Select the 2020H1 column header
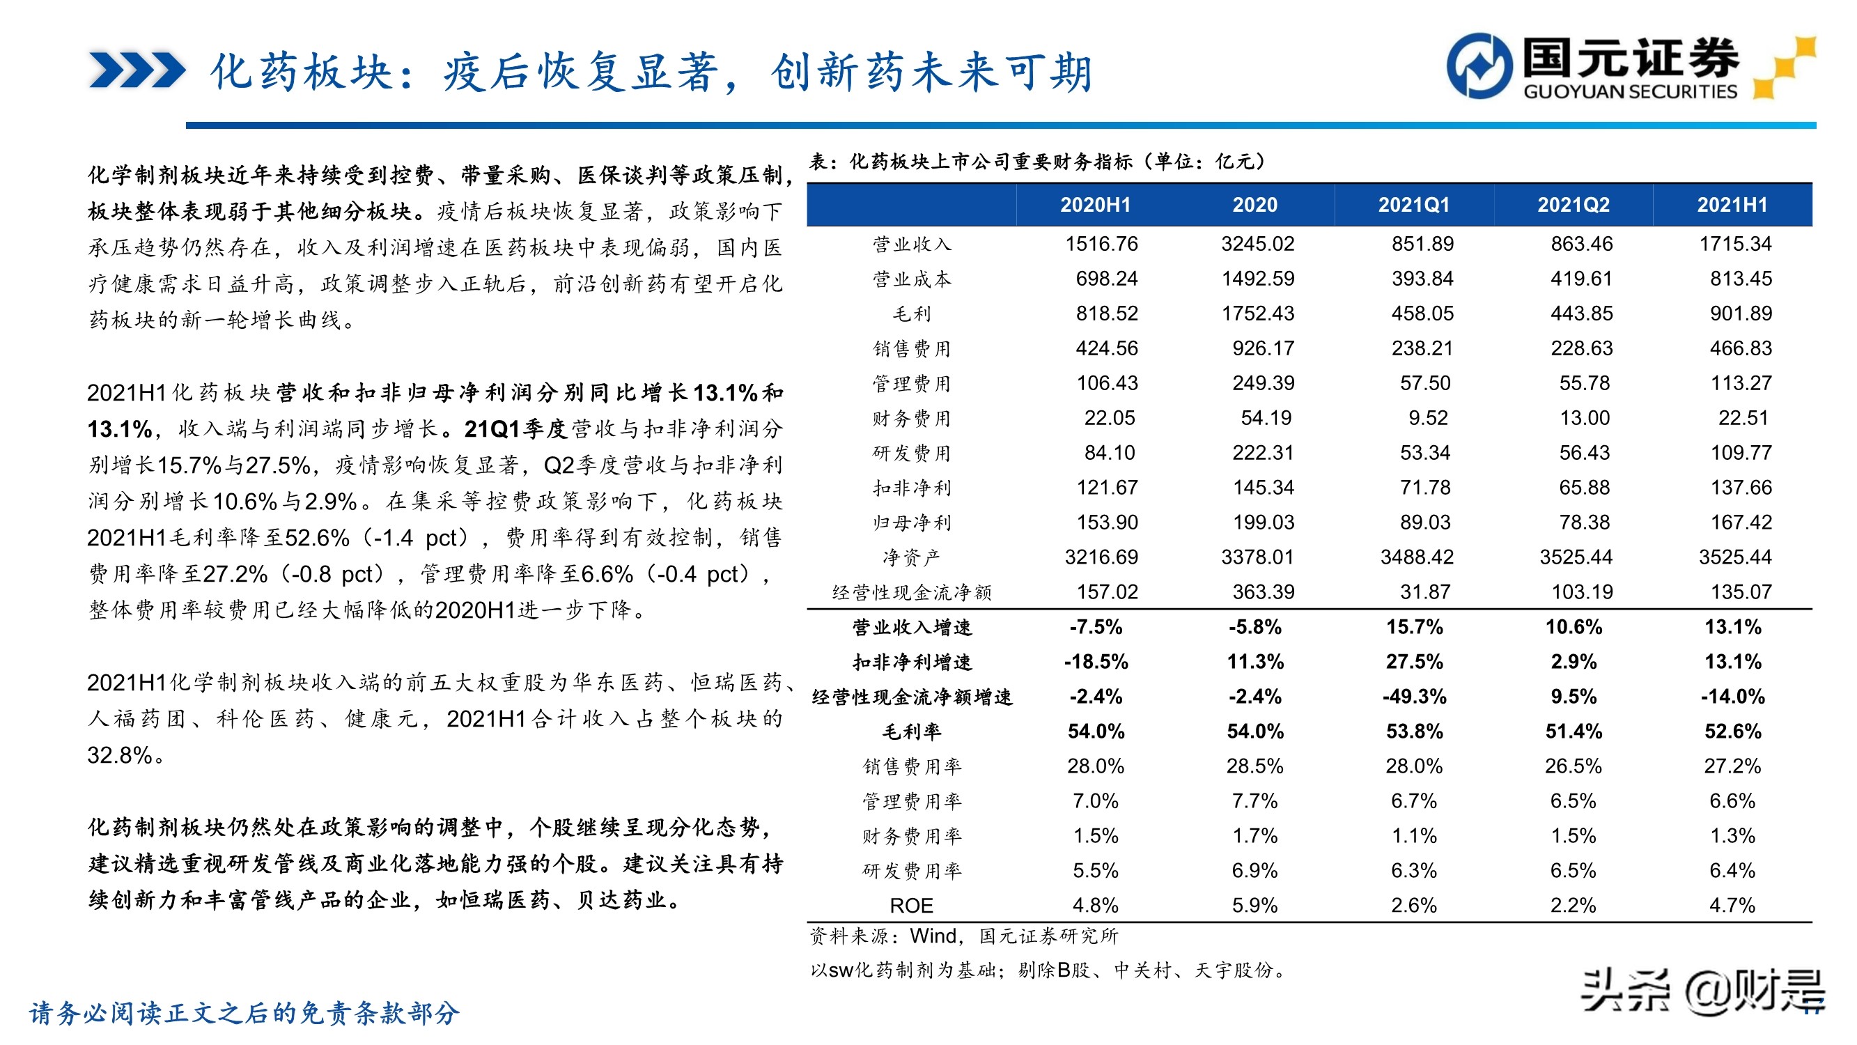[1095, 205]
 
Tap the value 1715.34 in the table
[1734, 244]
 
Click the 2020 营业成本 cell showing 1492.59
[1257, 279]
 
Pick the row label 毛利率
[911, 731]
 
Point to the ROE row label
[911, 905]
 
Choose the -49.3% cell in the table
[1414, 697]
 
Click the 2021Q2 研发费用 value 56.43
[1584, 453]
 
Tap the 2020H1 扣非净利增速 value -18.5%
[1096, 662]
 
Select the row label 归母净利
[911, 522]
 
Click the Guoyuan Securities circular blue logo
[1479, 65]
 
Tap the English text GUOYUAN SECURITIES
[1630, 91]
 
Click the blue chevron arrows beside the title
[137, 70]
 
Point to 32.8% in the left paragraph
[120, 755]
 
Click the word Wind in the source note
[932, 936]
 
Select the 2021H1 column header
[1732, 205]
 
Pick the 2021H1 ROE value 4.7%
[1732, 905]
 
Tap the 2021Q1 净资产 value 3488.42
[1417, 557]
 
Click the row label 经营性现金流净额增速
[911, 697]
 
